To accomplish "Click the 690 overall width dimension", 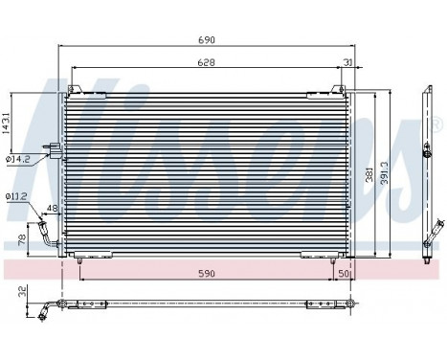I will (x=206, y=40).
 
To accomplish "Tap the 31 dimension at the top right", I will (x=346, y=63).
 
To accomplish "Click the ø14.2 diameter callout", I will (x=18, y=159).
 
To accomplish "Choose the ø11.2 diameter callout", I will (x=16, y=196).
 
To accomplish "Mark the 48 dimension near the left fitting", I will (x=52, y=208).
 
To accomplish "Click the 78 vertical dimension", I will (x=21, y=240).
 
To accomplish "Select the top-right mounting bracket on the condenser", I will (x=337, y=91).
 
